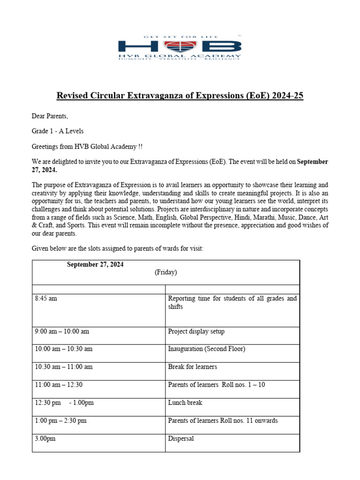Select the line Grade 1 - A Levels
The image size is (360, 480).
[x=58, y=131]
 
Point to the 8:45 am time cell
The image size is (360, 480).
[x=46, y=299]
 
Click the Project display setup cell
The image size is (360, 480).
[x=196, y=331]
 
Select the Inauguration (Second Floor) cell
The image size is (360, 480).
[x=206, y=349]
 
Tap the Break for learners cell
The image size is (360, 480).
[x=192, y=367]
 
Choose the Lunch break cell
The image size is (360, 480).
[x=185, y=403]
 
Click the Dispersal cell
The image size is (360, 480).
[x=181, y=439]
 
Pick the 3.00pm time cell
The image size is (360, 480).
[x=45, y=439]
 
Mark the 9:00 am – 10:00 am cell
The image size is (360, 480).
[x=62, y=331]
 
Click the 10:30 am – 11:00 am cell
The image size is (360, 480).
[x=64, y=367]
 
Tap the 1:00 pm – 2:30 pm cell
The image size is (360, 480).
[x=60, y=420]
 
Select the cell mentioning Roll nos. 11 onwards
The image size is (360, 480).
[x=223, y=420]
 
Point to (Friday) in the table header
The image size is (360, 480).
[x=166, y=272]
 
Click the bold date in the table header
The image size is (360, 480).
[x=95, y=265]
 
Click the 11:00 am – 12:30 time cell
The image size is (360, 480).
[x=58, y=385]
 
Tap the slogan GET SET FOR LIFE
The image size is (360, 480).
[x=180, y=36]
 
